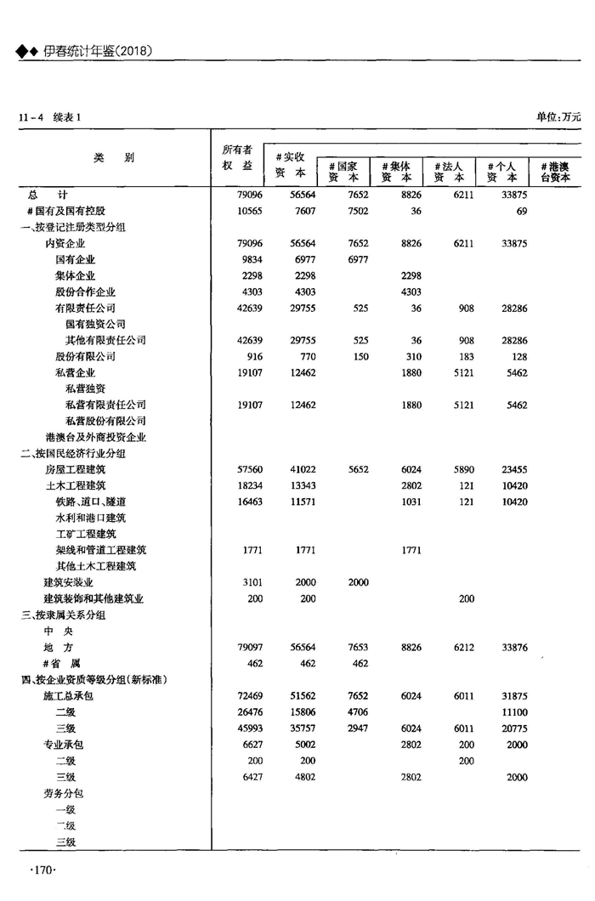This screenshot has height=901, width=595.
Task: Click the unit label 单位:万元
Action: click(x=558, y=116)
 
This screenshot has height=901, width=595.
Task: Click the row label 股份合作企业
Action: click(x=86, y=292)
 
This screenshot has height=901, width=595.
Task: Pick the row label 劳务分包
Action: click(x=64, y=793)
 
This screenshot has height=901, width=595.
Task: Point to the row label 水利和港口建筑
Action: click(x=91, y=518)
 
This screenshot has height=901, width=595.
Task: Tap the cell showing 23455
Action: click(x=510, y=469)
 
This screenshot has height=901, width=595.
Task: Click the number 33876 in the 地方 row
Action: click(x=510, y=648)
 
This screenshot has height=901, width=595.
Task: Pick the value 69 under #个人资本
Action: click(x=521, y=211)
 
